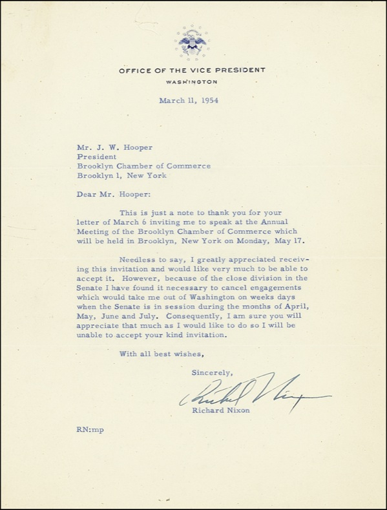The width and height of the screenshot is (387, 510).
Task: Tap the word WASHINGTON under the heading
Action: [x=192, y=83]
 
